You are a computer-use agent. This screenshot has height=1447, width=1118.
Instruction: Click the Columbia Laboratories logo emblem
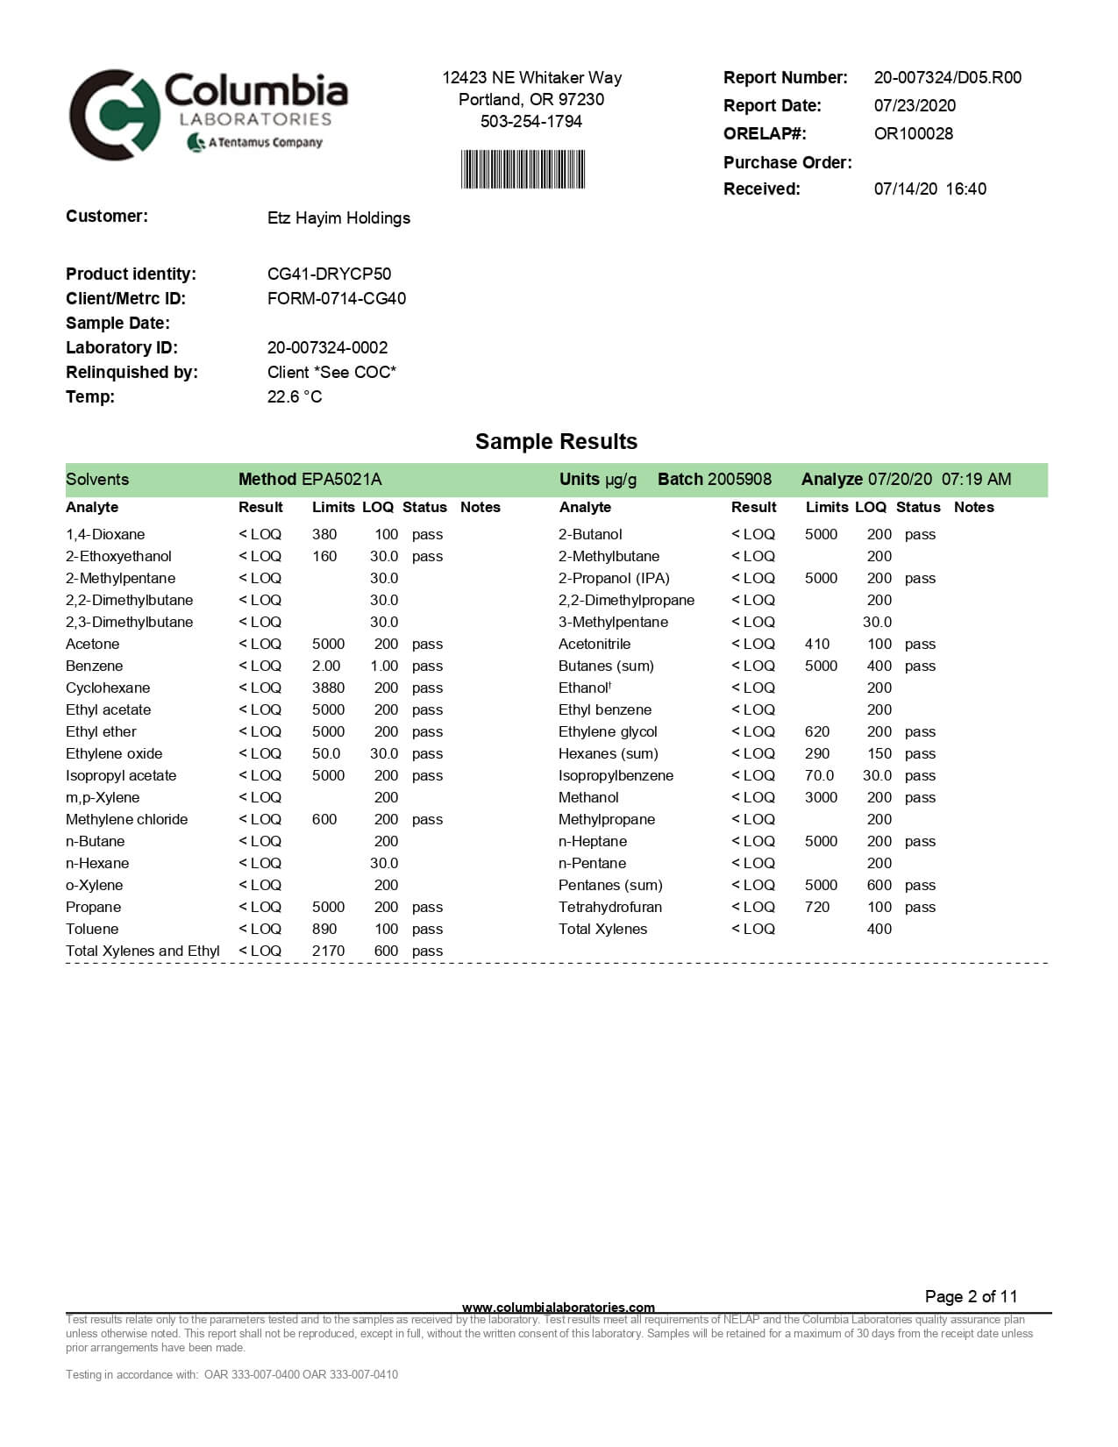[x=114, y=114]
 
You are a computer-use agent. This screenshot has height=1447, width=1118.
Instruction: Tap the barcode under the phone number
[x=523, y=169]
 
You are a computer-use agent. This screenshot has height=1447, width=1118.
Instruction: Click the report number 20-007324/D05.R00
[x=947, y=77]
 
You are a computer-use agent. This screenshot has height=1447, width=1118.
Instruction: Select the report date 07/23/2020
[x=915, y=105]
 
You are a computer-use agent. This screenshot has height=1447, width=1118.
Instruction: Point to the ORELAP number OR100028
[x=913, y=133]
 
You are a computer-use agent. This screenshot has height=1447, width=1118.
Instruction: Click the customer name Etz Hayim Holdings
[x=338, y=217]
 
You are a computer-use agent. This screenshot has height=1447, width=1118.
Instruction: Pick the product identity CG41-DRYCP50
[x=329, y=274]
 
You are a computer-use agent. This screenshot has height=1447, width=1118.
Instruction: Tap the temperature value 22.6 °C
[x=295, y=396]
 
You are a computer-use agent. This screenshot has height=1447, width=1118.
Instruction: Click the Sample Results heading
[x=556, y=441]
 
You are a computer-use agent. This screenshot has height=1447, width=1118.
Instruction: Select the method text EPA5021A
[x=341, y=479]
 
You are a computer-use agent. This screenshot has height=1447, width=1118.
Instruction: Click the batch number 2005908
[x=739, y=479]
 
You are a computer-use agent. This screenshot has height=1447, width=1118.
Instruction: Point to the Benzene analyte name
[x=94, y=666]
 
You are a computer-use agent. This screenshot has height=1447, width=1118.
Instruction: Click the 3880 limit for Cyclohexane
[x=328, y=688]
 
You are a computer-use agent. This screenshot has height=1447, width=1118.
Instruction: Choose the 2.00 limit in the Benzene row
[x=326, y=666]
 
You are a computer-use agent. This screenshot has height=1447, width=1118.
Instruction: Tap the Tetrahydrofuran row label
[x=610, y=907]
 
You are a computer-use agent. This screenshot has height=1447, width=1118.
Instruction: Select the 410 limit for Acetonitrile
[x=817, y=644]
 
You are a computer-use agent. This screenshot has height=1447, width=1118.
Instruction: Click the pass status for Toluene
[x=427, y=929]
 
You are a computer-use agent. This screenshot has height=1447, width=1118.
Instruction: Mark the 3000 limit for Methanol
[x=821, y=797]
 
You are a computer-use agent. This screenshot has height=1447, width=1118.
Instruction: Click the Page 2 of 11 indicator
[x=971, y=1296]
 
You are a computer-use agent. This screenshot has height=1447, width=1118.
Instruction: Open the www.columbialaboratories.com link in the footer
[x=558, y=1308]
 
